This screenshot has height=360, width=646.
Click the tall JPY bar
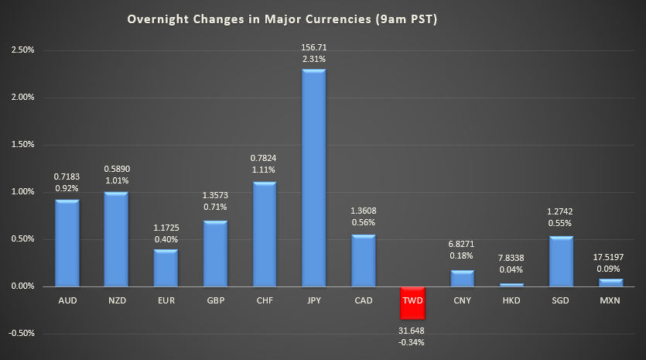(x=313, y=178)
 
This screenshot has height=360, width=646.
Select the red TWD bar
(x=412, y=303)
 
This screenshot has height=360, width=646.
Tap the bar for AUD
(x=67, y=243)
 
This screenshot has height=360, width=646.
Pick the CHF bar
(x=264, y=234)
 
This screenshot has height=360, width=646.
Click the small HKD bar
(x=511, y=285)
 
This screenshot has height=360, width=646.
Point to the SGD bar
(x=561, y=261)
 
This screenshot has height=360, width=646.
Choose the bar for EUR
(x=166, y=268)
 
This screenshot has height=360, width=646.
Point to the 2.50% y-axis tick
(x=23, y=50)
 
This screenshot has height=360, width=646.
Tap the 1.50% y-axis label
(x=23, y=145)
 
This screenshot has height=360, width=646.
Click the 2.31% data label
(x=313, y=60)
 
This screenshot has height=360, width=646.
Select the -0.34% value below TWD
(x=412, y=343)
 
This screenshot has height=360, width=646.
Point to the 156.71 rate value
(x=313, y=48)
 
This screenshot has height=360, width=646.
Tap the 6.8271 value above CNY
(x=462, y=243)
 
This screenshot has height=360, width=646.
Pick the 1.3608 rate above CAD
(x=363, y=210)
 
